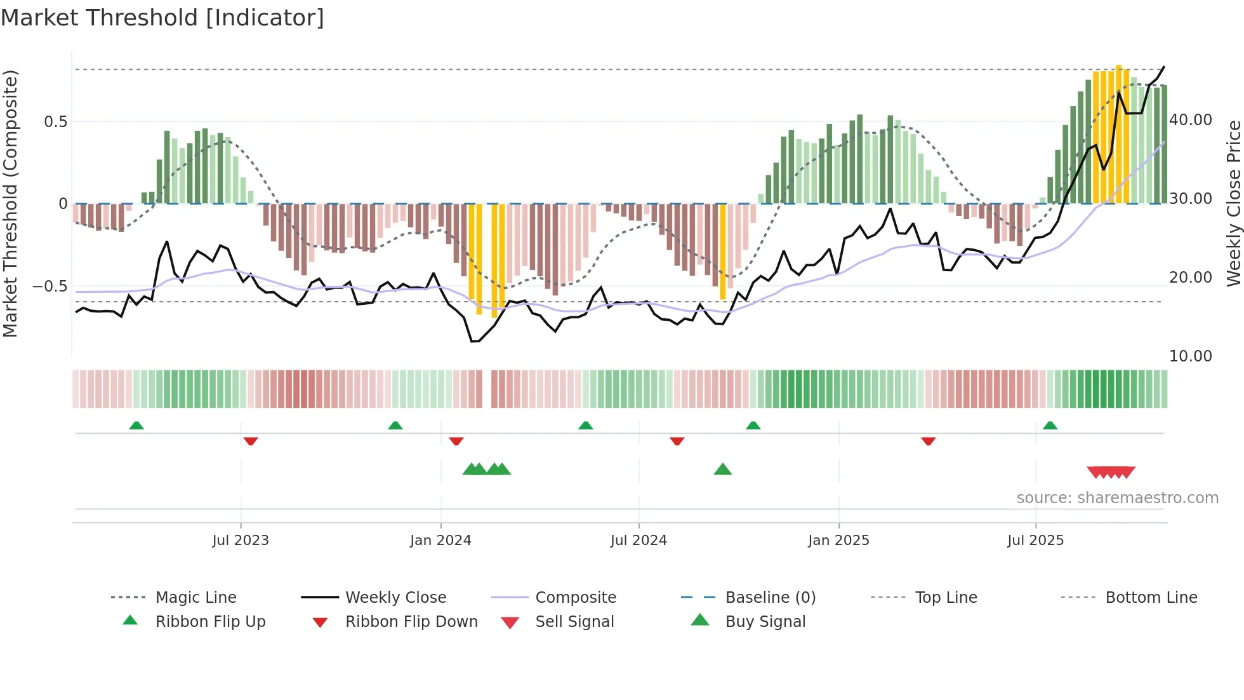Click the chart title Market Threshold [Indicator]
coord(162,18)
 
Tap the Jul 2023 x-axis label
coord(241,541)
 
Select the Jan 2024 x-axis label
coord(440,541)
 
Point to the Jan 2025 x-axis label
coord(838,541)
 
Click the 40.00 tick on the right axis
coord(1191,120)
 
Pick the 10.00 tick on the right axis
coord(1191,356)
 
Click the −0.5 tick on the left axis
coord(50,286)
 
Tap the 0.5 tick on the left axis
coord(55,122)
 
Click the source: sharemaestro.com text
coord(1117,498)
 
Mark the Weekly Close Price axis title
coord(1233,203)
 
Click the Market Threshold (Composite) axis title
coord(10,203)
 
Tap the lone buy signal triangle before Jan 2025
coord(722,469)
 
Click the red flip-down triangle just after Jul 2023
coord(251,441)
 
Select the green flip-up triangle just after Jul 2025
coord(1050,425)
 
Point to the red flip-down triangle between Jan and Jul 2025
coord(928,441)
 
